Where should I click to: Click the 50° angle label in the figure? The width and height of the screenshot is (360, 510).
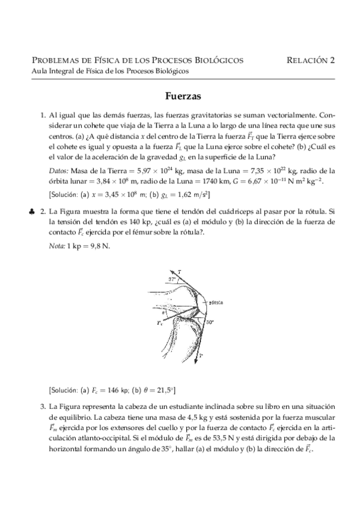click(209, 322)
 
